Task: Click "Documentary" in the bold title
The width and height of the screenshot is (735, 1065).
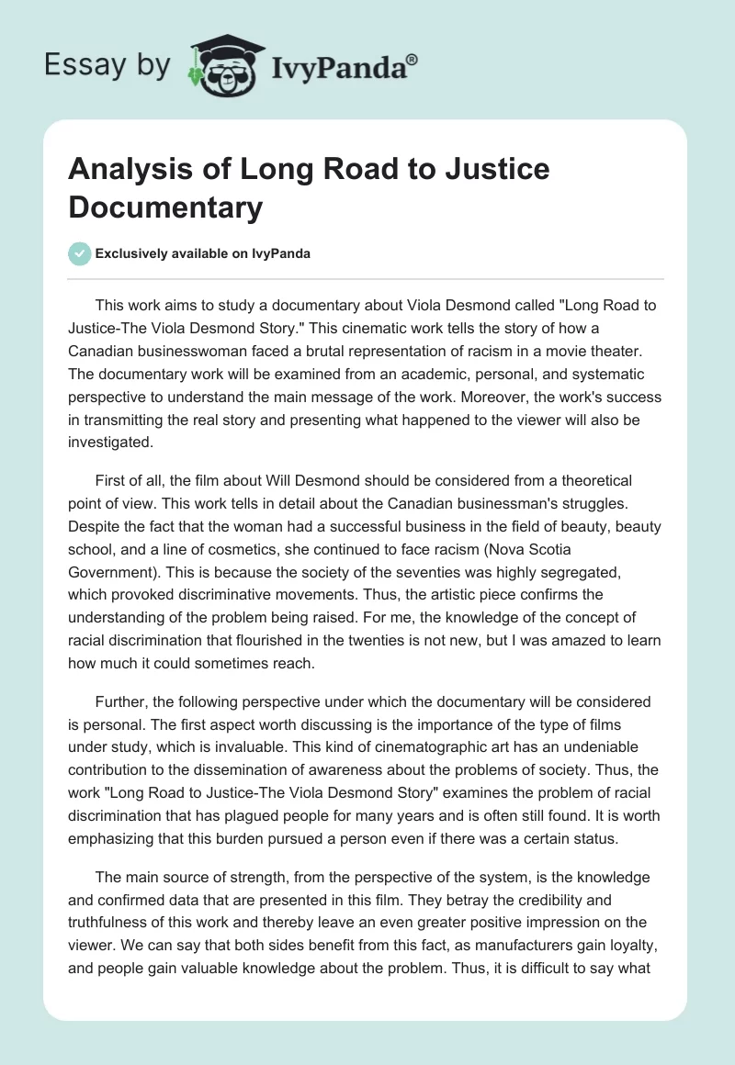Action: pos(165,207)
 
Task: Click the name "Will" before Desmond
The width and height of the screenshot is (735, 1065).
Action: pos(285,480)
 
